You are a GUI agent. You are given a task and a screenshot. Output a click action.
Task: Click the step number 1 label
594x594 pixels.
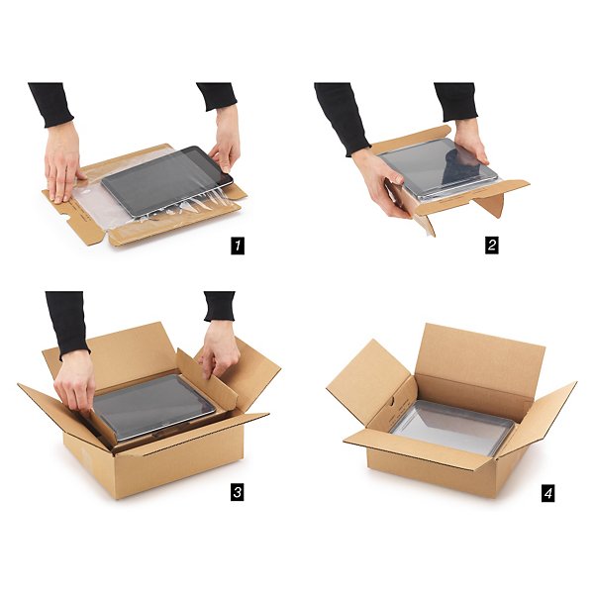238,246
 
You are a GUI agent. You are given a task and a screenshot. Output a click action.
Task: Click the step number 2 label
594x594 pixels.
491,245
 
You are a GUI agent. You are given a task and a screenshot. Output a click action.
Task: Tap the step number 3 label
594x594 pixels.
238,492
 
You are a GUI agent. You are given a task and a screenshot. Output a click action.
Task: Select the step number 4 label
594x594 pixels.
547,494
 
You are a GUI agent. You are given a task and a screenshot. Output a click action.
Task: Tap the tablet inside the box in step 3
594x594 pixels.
153,406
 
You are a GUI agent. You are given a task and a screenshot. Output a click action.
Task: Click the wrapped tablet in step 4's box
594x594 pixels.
452,428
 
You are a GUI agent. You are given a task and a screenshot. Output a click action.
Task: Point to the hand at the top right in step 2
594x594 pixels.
469,140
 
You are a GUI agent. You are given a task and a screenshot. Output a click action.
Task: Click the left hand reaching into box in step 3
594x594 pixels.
76,381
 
